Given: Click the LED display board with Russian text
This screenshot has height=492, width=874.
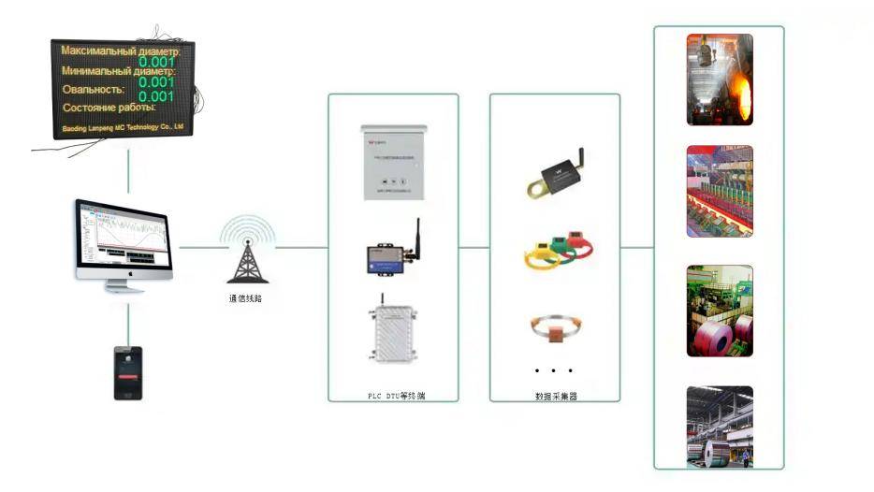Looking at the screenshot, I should [123, 89].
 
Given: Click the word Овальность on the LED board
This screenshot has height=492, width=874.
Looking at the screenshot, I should [92, 90].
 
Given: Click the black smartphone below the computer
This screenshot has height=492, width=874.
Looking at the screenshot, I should [127, 373].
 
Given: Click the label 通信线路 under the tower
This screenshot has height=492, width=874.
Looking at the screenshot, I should [249, 299].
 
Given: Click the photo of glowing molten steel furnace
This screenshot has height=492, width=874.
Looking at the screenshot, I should [720, 80].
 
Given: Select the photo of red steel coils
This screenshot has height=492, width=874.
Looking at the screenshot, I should [720, 311].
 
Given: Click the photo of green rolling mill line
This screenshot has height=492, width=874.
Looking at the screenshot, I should [720, 191].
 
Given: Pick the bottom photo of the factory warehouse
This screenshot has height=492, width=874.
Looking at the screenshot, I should [720, 427].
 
